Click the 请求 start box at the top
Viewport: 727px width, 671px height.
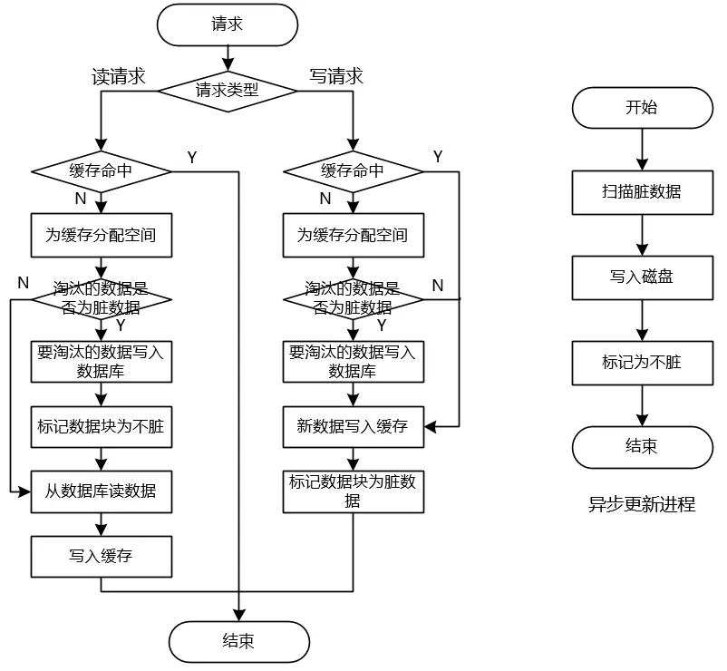point(228,25)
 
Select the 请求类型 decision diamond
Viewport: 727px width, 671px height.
point(228,91)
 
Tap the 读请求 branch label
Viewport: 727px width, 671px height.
point(119,76)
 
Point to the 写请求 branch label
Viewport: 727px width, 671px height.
point(336,76)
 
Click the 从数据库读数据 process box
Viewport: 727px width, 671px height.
point(102,491)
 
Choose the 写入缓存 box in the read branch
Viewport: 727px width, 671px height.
point(102,557)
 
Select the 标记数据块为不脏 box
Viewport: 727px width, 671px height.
point(102,426)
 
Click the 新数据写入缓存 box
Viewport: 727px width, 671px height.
point(354,426)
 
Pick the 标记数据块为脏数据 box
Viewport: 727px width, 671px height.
point(354,491)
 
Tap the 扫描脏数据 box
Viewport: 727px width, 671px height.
point(642,192)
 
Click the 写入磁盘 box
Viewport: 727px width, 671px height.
point(642,277)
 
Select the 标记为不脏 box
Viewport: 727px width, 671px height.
point(642,363)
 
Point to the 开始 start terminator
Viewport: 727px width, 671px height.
point(642,108)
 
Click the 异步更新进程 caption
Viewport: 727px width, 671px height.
point(642,504)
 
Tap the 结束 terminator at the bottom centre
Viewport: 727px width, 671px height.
point(238,642)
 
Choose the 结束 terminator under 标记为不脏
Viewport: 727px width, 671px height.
point(642,447)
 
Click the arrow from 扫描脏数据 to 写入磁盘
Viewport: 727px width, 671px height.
point(642,235)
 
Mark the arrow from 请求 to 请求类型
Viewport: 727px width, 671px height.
point(228,58)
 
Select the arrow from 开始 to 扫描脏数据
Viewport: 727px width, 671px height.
point(642,150)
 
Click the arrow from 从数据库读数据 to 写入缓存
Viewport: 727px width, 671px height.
point(102,524)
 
